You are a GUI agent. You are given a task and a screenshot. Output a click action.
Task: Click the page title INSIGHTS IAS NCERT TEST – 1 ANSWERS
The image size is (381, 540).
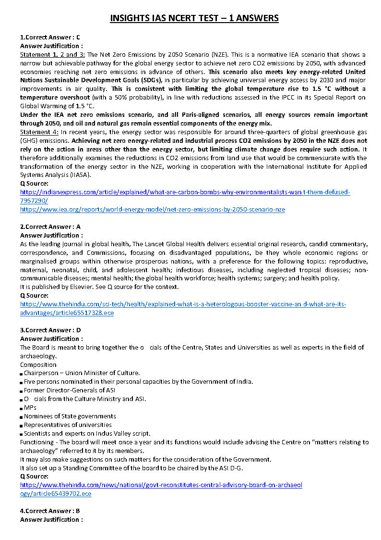pos(194,18)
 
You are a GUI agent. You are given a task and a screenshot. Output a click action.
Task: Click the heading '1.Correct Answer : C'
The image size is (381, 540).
pos(50,37)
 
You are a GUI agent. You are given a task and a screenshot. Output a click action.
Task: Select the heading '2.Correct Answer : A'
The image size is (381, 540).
pos(50,226)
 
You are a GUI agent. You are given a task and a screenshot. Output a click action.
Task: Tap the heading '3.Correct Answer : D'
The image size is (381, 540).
pos(50,330)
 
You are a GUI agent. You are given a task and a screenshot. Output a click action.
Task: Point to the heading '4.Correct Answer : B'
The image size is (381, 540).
pos(50,511)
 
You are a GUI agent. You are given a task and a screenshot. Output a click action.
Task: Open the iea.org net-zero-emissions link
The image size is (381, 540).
pos(153,210)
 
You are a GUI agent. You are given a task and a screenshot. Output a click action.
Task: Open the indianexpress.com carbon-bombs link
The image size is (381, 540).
pos(185,192)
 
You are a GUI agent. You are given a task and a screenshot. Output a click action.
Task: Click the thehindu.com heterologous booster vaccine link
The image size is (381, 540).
pos(183,304)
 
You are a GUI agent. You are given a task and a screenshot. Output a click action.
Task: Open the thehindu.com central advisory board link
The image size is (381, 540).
pos(161,485)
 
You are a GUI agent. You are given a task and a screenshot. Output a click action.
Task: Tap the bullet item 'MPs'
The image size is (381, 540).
pos(30,407)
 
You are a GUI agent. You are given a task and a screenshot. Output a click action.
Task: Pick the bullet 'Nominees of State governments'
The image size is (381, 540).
pos(70,416)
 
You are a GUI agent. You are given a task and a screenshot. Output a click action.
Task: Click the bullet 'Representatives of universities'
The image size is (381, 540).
pos(68,425)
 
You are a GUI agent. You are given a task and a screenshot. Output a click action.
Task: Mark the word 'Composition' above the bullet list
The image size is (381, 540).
pos(38,364)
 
